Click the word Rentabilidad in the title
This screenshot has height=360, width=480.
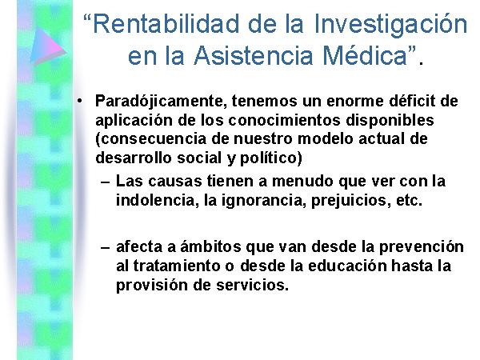pos(166,24)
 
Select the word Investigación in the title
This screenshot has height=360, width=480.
pos(390,26)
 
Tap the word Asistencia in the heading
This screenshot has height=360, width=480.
pos(253,55)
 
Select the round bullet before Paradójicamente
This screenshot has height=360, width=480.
pos(80,101)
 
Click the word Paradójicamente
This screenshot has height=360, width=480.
pos(162,102)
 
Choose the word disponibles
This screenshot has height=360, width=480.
pos(390,121)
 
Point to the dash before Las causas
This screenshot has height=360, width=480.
pos(106,182)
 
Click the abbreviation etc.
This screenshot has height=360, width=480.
pos(410,201)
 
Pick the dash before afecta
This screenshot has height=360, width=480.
pos(106,247)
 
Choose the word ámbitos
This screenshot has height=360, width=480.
pos(210,246)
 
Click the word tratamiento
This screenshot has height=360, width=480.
pos(177,266)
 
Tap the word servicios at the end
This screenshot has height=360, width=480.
pos(252,285)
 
